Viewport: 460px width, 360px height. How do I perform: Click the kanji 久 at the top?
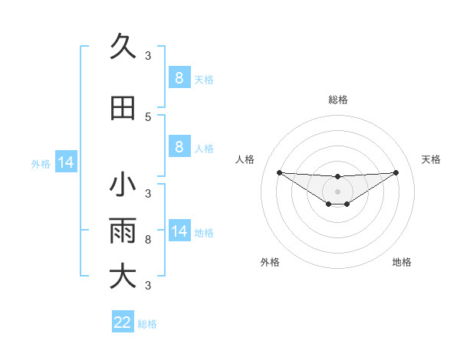coord(123,47)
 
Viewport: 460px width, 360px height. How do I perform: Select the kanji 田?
coord(123,108)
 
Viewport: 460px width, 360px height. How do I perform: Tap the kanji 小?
coord(123,185)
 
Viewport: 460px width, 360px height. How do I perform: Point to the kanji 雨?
coord(123,231)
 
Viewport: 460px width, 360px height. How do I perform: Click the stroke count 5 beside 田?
coord(148,116)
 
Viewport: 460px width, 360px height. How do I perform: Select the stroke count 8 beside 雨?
coord(148,240)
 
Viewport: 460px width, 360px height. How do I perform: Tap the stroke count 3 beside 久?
coord(148,55)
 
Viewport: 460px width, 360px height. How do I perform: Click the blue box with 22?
coord(123,322)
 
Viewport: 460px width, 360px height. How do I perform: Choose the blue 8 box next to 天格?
coord(179,77)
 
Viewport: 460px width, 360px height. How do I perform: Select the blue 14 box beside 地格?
coord(179,231)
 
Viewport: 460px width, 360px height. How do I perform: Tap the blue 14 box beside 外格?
coord(65,162)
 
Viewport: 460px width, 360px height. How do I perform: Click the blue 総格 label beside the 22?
coord(147,324)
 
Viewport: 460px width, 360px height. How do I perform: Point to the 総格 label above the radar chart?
coord(337,100)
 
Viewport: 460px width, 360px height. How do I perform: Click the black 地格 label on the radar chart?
coord(402,263)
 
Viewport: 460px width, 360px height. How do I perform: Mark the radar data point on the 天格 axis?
coord(396,172)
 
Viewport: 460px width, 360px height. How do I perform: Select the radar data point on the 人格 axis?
coord(279,172)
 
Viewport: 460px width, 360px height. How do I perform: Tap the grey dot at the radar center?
coord(337,191)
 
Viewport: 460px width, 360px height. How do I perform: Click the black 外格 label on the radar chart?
coord(270,263)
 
